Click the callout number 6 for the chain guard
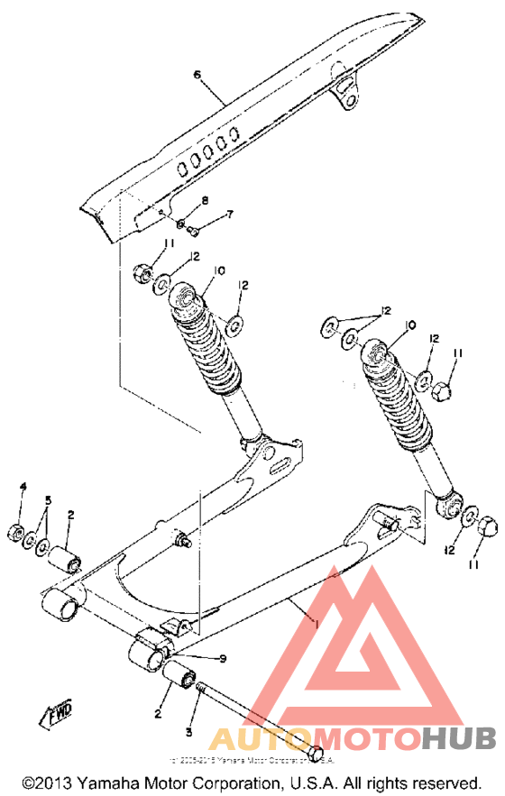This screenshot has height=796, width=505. tap(197, 75)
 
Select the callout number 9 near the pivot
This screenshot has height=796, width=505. tap(223, 658)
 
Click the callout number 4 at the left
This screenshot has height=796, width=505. tap(23, 487)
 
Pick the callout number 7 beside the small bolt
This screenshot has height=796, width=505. tap(229, 215)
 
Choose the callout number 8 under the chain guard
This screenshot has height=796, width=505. tap(204, 199)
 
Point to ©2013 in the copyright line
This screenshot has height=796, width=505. tap(42, 782)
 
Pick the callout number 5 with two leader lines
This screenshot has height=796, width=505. tap(49, 500)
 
